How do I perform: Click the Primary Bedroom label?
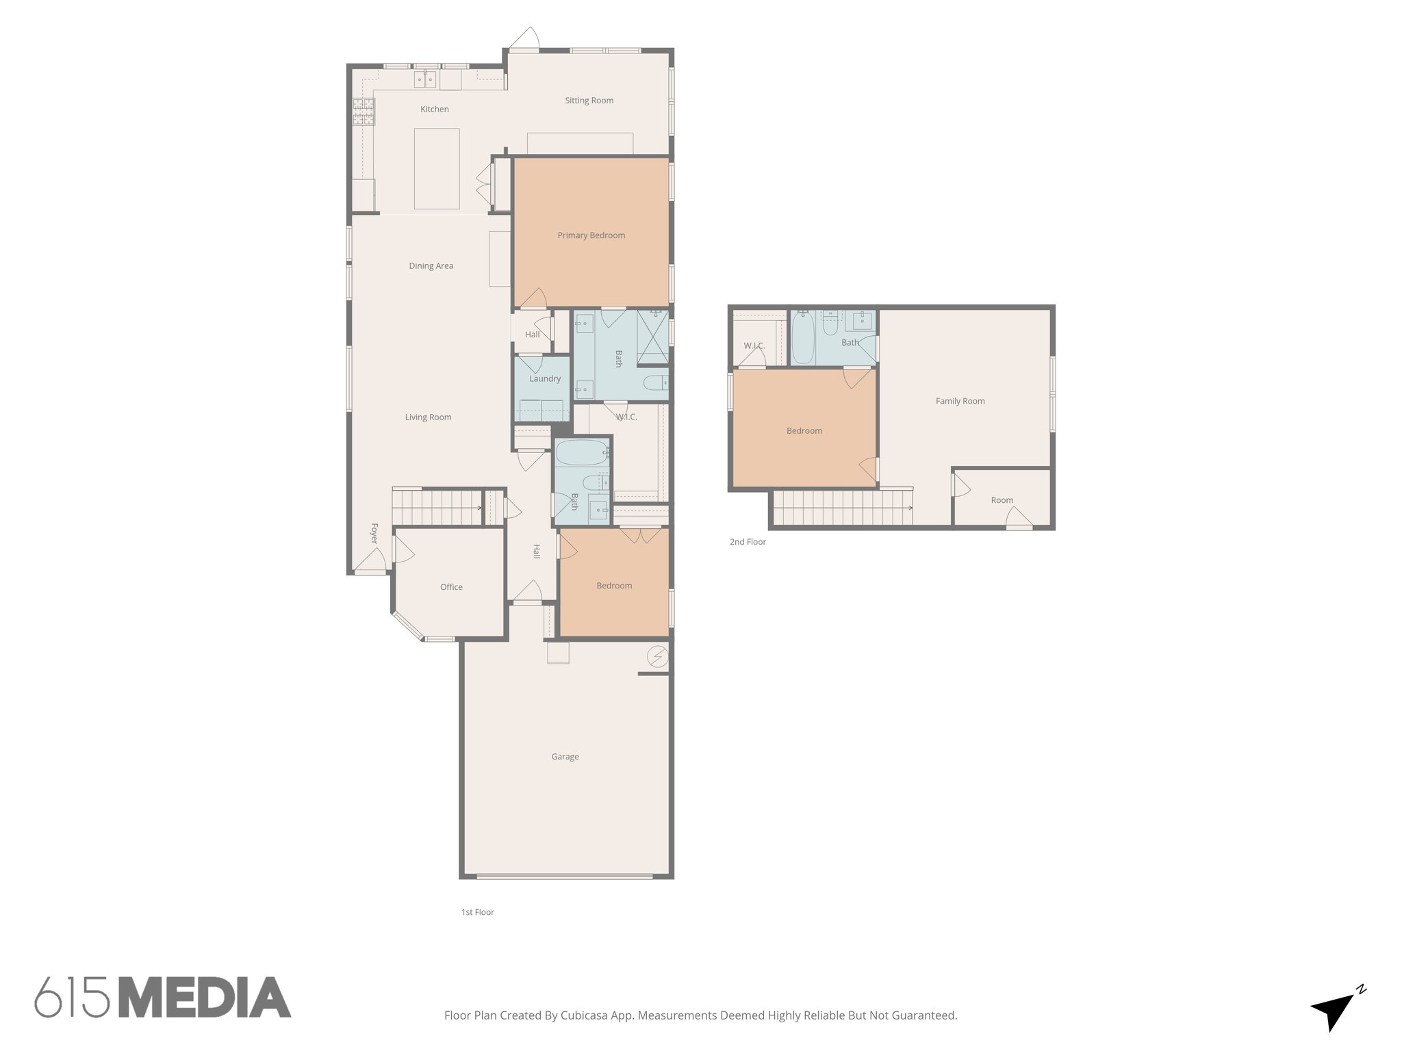pos(591,235)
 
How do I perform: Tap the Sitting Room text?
pos(589,101)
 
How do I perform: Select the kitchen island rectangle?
pos(437,168)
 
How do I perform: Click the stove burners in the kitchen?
pos(364,112)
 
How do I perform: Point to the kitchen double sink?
pos(425,80)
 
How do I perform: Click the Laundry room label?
pos(544,378)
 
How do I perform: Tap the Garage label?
pos(565,757)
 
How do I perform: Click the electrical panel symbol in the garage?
pos(658,657)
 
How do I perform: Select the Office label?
pos(451,587)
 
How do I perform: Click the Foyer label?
pos(374,534)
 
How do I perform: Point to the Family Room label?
pos(960,401)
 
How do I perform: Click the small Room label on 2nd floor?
pos(1002,500)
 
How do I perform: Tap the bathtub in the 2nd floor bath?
pos(803,338)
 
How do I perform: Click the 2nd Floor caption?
pos(748,542)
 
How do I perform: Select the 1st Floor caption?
pos(477,912)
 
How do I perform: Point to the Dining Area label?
pos(431,266)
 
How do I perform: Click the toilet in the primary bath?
pos(655,383)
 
